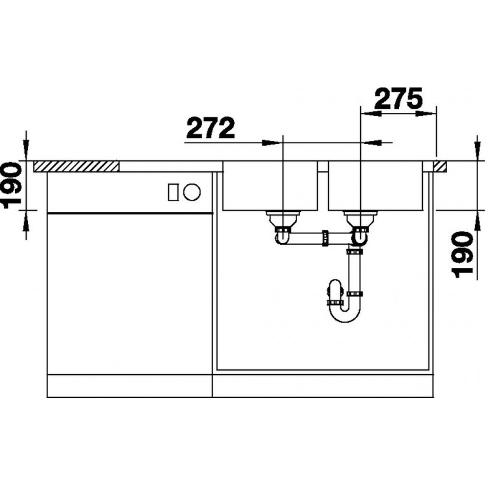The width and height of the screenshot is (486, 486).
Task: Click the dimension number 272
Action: pos(210,128)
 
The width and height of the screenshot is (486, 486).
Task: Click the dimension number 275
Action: pos(399,98)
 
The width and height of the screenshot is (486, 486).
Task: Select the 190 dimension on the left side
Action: pos(12,185)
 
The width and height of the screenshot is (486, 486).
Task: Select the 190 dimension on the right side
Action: pos(462,254)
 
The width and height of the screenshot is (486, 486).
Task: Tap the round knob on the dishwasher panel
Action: pos(192,192)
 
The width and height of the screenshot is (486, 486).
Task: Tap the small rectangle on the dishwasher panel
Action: pos(173,192)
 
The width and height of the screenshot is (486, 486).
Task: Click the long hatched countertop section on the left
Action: pos(76,166)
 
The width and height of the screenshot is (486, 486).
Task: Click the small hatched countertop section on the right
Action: pos(440,166)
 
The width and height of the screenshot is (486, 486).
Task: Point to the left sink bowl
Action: pos(270,186)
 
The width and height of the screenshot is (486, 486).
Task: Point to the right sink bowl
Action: pos(375,186)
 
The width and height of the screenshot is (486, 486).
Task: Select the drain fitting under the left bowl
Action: pos(282,221)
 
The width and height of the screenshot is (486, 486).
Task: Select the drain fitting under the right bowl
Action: pos(360,221)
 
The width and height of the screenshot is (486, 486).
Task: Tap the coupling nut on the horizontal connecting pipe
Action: pos(325,238)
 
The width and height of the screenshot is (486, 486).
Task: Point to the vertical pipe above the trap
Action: pos(355,272)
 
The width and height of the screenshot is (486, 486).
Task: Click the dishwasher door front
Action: pos(129,294)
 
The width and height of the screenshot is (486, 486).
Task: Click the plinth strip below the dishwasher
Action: pos(129,386)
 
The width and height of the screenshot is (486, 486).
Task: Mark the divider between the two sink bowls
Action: pos(323,166)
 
